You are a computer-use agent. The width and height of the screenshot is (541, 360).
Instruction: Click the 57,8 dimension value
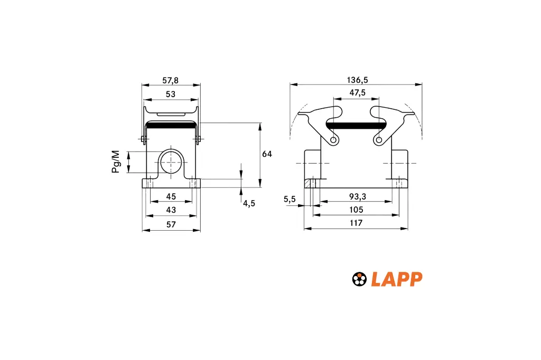tap(171, 80)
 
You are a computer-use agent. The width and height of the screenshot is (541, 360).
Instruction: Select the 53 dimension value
tap(171, 94)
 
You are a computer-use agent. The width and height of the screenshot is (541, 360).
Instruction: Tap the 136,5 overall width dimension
tap(358, 80)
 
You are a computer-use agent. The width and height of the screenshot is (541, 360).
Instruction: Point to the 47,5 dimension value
tap(358, 93)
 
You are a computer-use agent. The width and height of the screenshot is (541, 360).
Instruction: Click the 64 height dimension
tap(267, 154)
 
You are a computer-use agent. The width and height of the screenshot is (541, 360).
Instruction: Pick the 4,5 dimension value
tap(249, 203)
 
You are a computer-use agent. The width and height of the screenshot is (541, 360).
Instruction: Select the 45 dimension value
tap(171, 196)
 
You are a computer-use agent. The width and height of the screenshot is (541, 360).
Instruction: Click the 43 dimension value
tap(171, 210)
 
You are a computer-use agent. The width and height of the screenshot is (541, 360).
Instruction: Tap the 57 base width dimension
tap(171, 224)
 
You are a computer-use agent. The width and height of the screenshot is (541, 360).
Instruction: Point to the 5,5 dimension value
tap(290, 199)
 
